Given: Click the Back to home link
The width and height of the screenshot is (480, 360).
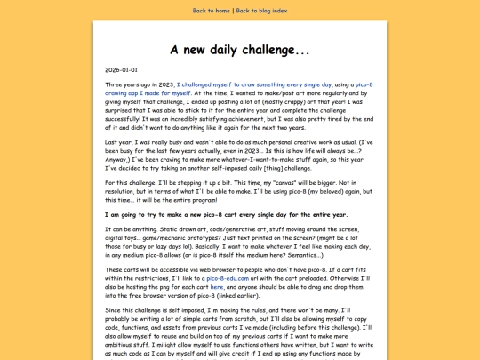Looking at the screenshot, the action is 212,11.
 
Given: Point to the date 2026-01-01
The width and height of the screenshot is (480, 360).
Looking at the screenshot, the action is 121,69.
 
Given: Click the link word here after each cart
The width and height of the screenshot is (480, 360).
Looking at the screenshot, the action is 216,286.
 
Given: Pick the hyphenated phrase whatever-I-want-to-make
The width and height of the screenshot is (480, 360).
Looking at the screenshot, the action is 262,156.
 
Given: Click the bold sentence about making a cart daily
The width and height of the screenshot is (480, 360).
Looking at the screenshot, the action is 227,214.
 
